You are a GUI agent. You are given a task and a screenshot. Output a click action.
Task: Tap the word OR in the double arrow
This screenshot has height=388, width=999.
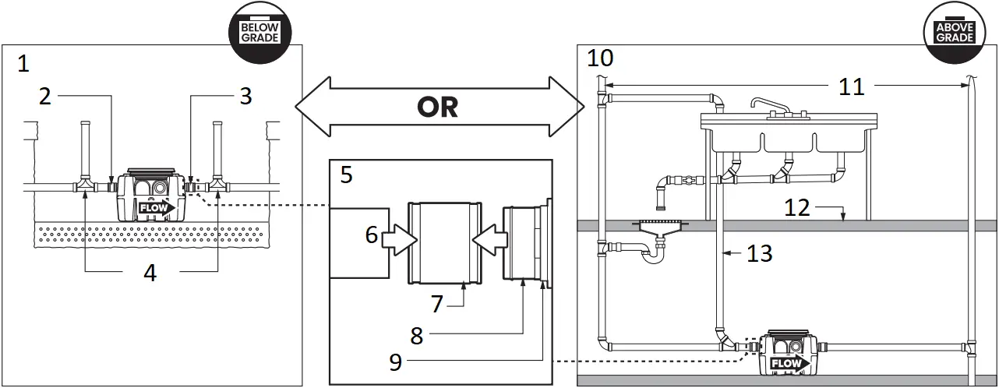pyautogui.click(x=438, y=106)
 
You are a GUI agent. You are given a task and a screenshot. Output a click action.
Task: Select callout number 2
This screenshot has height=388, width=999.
pyautogui.click(x=45, y=97)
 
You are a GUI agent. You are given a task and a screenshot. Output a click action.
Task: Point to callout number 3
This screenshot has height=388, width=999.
pyautogui.click(x=245, y=97)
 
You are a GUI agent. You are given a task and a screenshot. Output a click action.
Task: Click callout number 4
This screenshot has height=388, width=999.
pyautogui.click(x=150, y=273)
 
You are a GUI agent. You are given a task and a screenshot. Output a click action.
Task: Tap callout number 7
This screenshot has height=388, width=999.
pyautogui.click(x=437, y=303)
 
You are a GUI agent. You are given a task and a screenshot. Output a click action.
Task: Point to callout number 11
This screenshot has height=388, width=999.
pyautogui.click(x=852, y=86)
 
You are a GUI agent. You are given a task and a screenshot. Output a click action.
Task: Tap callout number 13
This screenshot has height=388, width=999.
pyautogui.click(x=759, y=252)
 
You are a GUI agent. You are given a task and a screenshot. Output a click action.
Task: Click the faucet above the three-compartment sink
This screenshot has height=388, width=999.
pyautogui.click(x=771, y=107)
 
